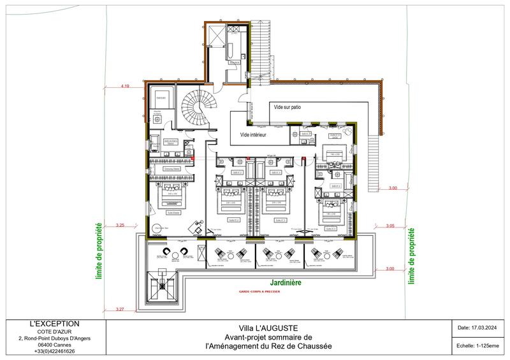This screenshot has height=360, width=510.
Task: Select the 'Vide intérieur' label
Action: (253, 135)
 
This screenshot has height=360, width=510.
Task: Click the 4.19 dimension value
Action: (126, 85)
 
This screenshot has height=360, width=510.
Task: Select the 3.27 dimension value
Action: (121, 310)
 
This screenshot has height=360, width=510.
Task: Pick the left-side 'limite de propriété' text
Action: (99, 252)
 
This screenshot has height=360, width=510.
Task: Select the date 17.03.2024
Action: (476, 328)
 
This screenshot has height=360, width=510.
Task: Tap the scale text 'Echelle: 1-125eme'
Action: (476, 347)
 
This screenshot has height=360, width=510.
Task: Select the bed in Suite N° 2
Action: (228, 203)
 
